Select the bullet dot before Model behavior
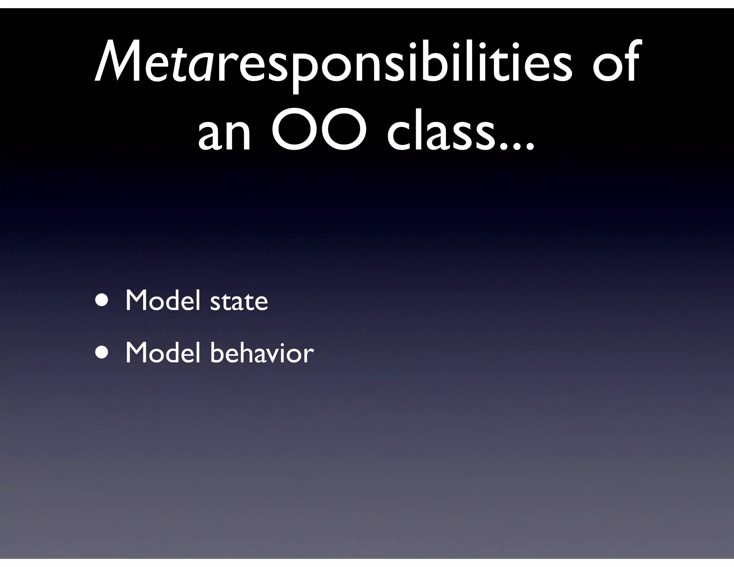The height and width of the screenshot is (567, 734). [x=102, y=353]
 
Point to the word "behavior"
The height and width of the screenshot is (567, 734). [x=262, y=353]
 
